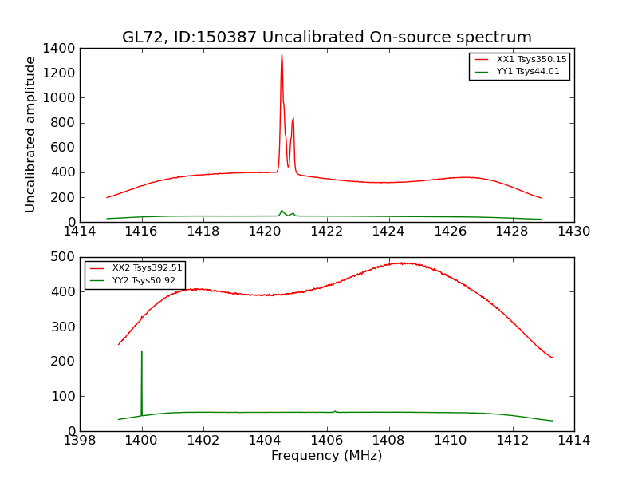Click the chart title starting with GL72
point(326,38)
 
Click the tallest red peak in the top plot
point(282,56)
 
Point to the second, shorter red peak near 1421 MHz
point(293,119)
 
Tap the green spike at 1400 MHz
point(142,353)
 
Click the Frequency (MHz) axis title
point(326,456)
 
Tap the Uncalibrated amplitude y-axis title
point(31,134)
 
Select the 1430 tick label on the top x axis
point(573,232)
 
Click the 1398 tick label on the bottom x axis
point(80,441)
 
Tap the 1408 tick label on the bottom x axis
point(388,441)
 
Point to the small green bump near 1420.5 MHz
point(282,211)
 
